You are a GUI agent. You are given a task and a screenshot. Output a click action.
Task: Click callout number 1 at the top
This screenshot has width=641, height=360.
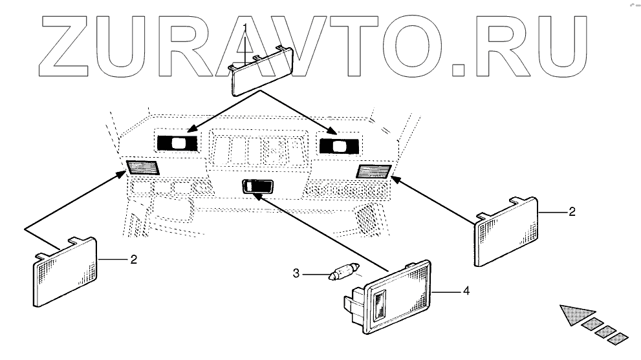245,26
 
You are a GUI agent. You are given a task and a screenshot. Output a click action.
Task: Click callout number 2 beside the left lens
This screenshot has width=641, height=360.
133,260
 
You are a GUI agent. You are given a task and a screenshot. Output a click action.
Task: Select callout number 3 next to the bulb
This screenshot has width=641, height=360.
296,274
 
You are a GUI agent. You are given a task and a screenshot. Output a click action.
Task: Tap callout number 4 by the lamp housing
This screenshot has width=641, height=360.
465,291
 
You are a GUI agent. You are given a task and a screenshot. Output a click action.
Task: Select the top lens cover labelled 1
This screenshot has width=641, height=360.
262,71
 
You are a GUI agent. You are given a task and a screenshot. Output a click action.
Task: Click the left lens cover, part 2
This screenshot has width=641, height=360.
65,271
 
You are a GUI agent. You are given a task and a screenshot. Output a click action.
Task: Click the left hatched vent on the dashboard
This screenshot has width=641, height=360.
143,168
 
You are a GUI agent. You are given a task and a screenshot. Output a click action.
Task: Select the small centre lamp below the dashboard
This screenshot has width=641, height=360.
257,186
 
